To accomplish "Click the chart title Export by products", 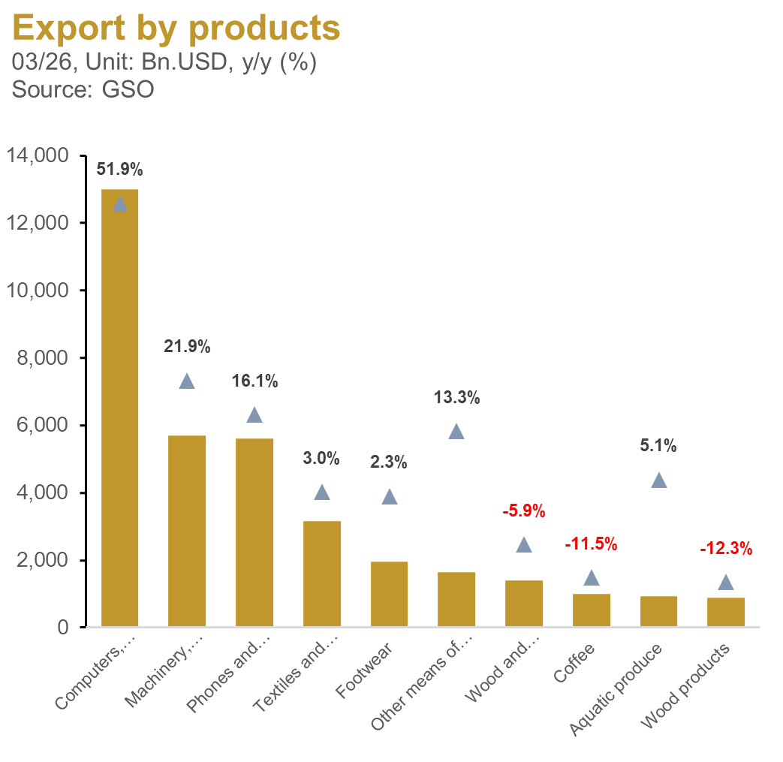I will pos(176,28).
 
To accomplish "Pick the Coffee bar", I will pos(591,610).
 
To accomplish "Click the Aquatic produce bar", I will pos(658,610).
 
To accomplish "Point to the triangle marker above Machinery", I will pos(187,381).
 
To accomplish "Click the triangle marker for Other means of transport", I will pos(456,432).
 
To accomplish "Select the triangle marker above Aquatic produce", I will pos(658,480).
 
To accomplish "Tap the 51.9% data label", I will pos(119,170).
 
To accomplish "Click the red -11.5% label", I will pos(591,544).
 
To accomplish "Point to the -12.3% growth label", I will pos(725,549).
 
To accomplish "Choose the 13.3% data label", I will pos(456,398).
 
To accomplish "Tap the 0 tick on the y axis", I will pos(65,628).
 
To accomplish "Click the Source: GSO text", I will pos(83,89).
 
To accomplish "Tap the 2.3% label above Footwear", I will pos(389,462).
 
